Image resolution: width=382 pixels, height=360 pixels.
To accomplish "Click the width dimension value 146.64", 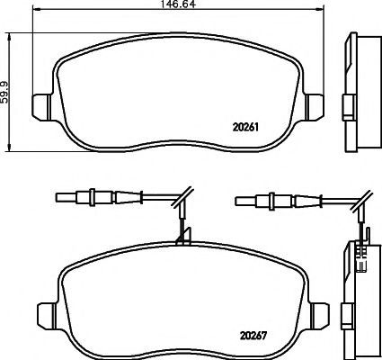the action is click(x=178, y=4).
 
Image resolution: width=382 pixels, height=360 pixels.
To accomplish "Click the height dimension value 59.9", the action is click(x=4, y=92).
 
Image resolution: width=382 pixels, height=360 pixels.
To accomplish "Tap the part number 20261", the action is click(x=245, y=128).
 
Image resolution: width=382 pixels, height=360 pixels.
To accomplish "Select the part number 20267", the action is click(x=253, y=336).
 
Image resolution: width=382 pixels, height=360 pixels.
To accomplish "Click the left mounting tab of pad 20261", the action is click(x=40, y=107).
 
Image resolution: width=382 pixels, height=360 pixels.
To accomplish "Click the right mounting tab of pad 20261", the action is click(x=315, y=107).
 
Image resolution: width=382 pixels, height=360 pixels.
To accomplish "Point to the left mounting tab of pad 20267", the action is click(x=45, y=317).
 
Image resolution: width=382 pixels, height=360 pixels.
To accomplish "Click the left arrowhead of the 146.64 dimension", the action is click(x=36, y=9).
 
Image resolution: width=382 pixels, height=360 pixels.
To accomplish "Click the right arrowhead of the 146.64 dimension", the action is click(x=320, y=9).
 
